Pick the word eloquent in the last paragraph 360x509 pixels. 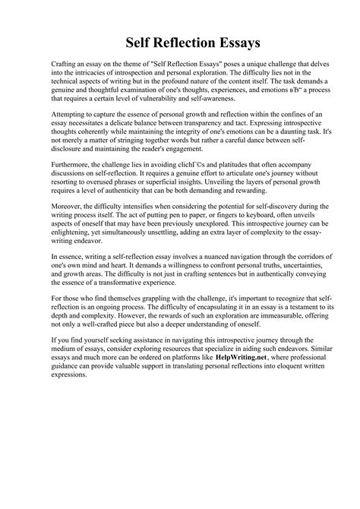(276, 409)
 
